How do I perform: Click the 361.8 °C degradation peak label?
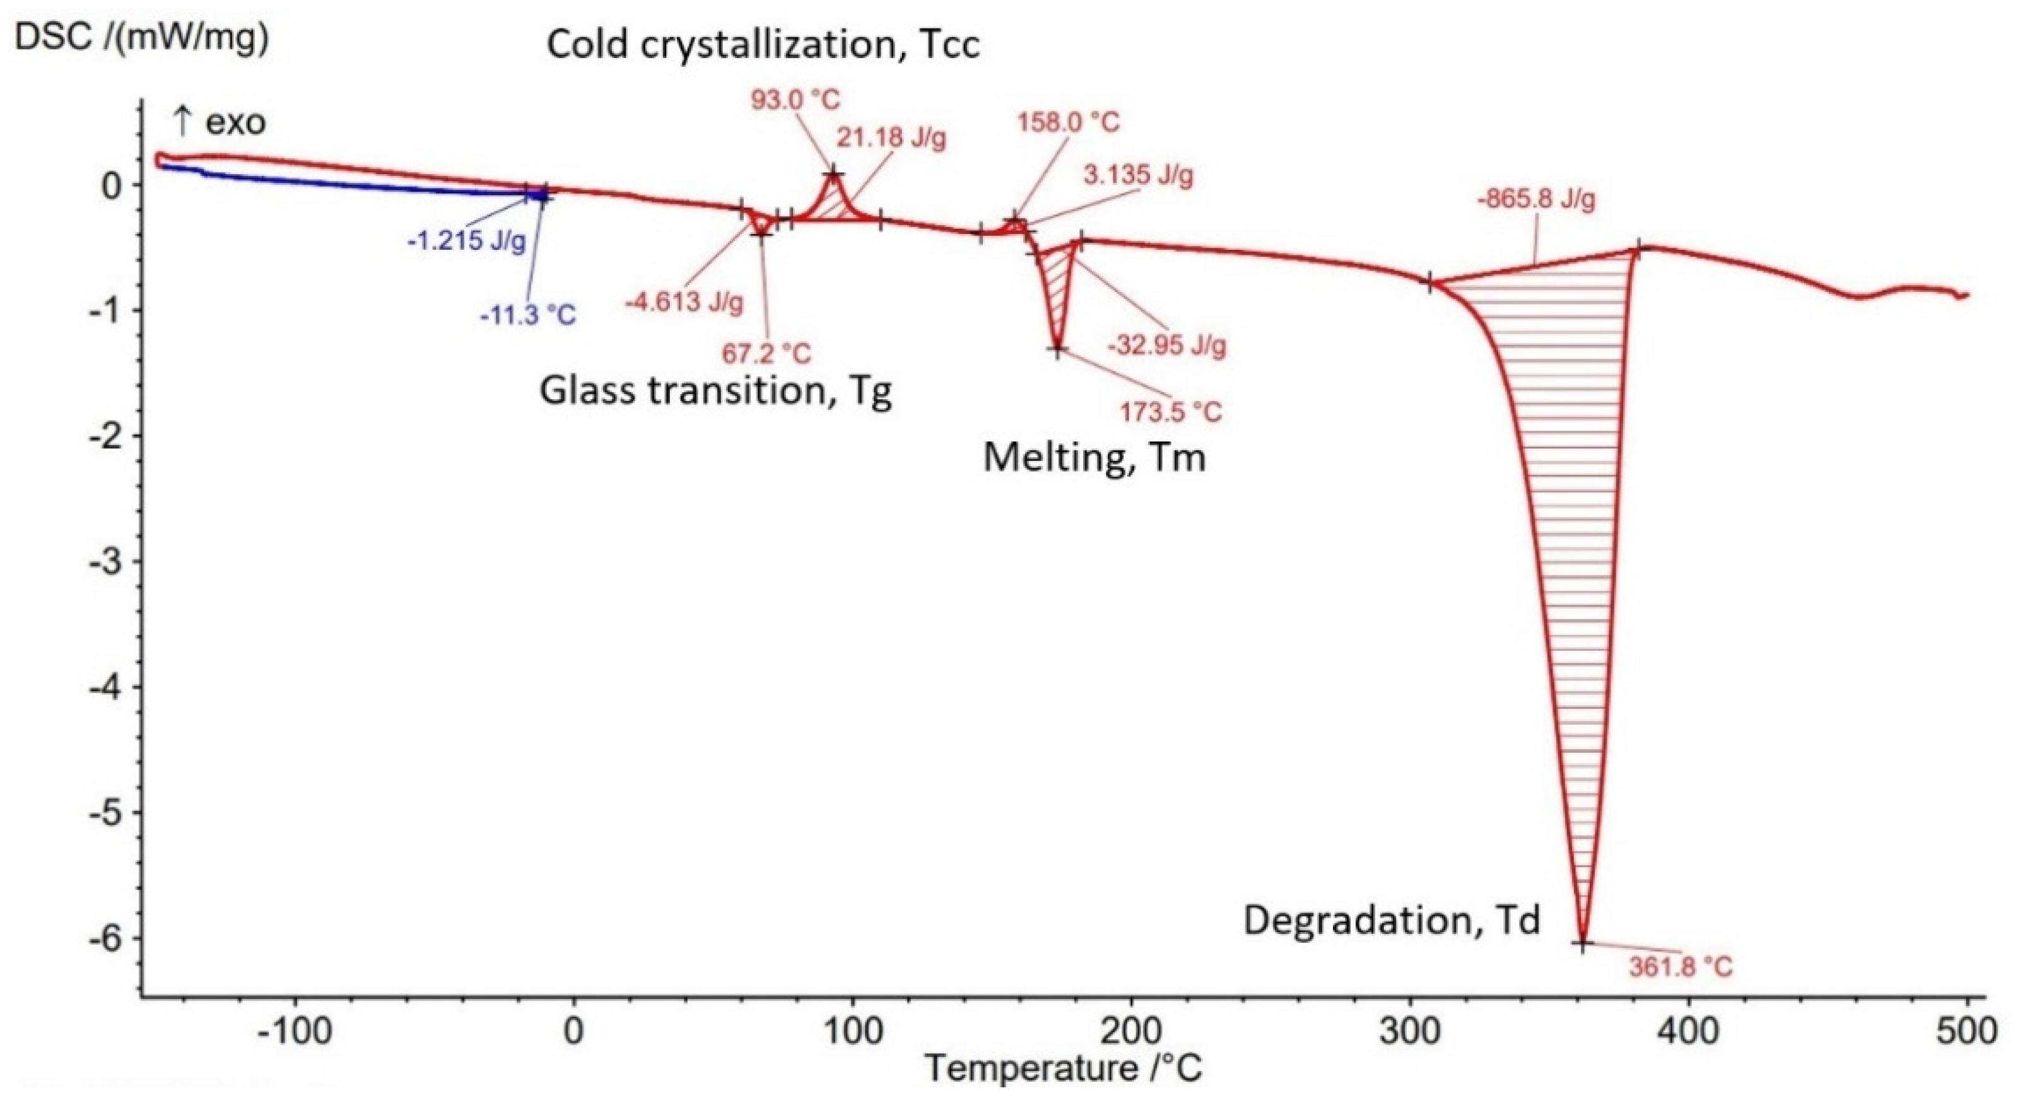tap(1681, 967)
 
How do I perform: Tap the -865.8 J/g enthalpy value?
tap(1535, 200)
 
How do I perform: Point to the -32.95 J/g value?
tap(1166, 344)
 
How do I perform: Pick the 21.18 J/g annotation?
tap(891, 139)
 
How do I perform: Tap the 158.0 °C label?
tap(1069, 122)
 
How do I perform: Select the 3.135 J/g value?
tap(1138, 175)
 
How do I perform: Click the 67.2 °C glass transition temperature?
tap(766, 353)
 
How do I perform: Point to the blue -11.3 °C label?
tap(527, 315)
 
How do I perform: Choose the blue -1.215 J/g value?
tap(466, 241)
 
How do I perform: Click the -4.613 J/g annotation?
tap(684, 301)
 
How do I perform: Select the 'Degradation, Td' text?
tap(1392, 920)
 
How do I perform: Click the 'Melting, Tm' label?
tap(1094, 457)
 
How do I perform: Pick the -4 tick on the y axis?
tap(106, 687)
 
